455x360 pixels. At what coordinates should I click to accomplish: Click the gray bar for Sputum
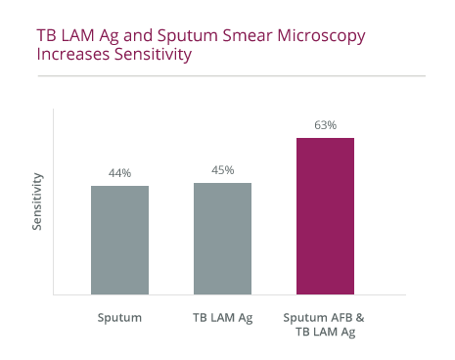pyautogui.click(x=119, y=240)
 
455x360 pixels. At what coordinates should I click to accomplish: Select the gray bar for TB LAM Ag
pyautogui.click(x=222, y=238)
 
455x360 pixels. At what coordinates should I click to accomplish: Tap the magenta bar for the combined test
pyautogui.click(x=325, y=215)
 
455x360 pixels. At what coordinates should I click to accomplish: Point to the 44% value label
pyautogui.click(x=119, y=173)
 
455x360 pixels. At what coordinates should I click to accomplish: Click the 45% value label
pyautogui.click(x=222, y=170)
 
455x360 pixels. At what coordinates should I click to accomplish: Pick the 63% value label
pyautogui.click(x=325, y=125)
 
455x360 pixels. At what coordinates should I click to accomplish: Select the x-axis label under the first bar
pyautogui.click(x=119, y=318)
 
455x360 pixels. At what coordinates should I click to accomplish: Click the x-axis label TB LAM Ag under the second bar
pyautogui.click(x=222, y=318)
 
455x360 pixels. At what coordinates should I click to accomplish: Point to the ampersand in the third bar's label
pyautogui.click(x=361, y=318)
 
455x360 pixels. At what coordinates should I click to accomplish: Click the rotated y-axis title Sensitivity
pyautogui.click(x=38, y=202)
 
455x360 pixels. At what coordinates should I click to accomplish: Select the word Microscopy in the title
pyautogui.click(x=314, y=37)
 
